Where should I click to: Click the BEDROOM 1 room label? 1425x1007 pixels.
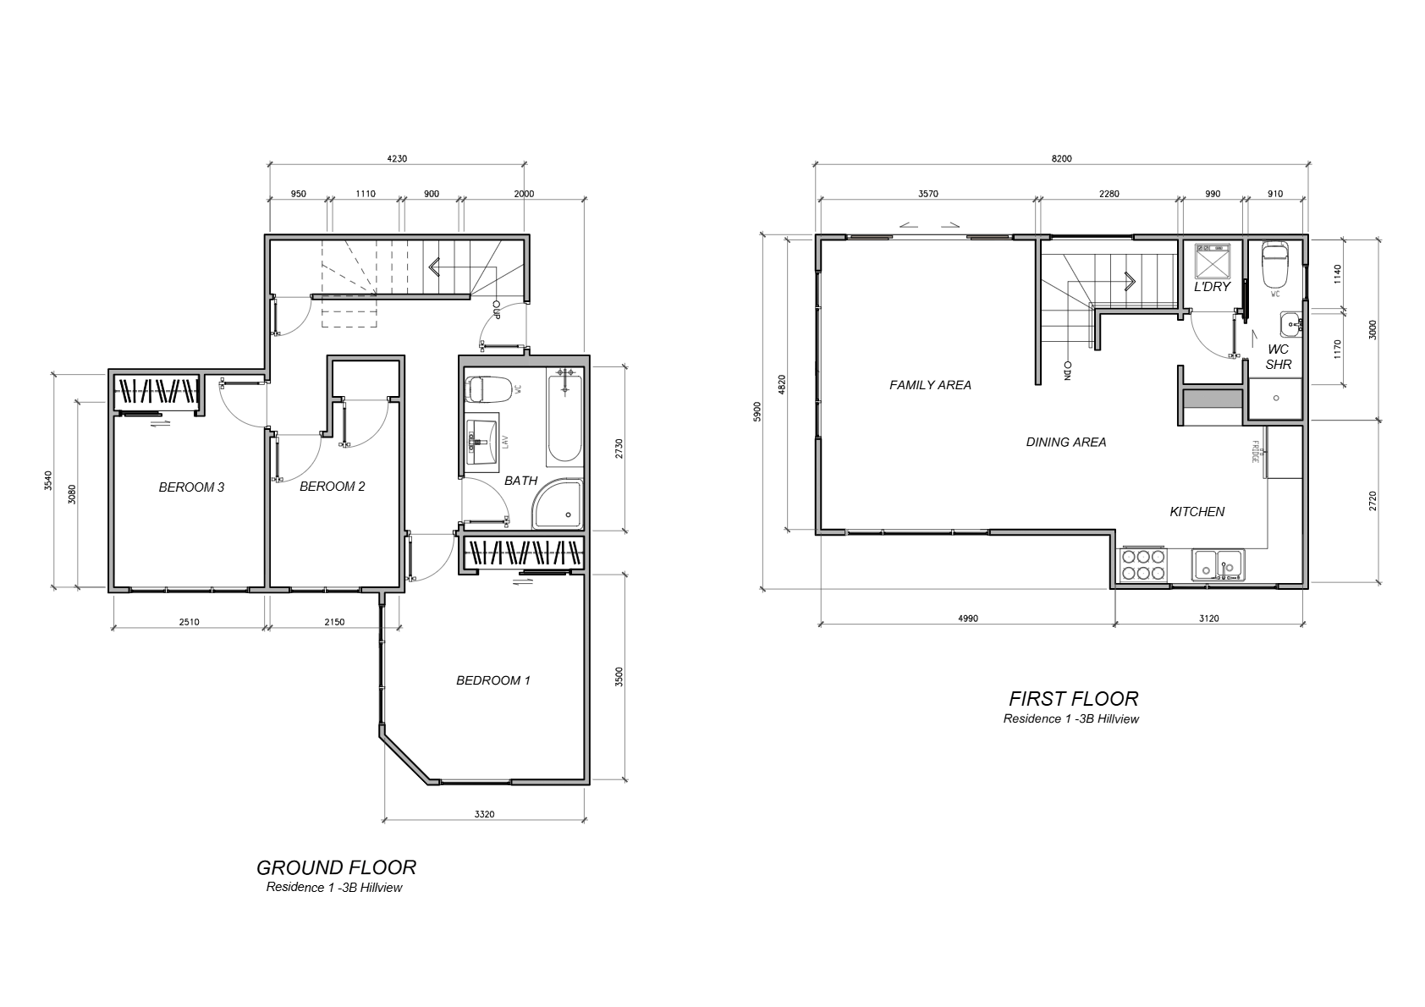click(493, 680)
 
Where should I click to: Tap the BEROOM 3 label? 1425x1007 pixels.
click(191, 487)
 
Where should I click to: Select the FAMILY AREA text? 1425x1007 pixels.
click(930, 385)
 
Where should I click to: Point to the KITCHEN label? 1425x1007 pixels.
click(1197, 511)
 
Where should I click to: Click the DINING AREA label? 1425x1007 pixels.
click(1066, 442)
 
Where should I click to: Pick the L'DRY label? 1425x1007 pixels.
click(1212, 287)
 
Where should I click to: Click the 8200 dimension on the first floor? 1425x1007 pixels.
click(1061, 158)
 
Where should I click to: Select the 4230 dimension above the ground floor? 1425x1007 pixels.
click(397, 158)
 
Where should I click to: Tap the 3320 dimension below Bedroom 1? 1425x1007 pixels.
click(484, 813)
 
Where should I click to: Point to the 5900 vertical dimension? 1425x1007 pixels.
click(757, 411)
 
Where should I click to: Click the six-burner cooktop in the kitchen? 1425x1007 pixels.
click(1143, 564)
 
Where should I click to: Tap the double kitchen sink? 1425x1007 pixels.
click(1219, 565)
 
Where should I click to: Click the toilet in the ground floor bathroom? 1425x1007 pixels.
click(488, 389)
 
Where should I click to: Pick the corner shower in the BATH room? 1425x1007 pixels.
click(558, 503)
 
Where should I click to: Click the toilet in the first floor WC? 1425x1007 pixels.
click(1275, 265)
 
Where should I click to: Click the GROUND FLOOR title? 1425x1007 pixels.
click(336, 867)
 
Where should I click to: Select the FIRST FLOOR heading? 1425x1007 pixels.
click(1074, 698)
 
